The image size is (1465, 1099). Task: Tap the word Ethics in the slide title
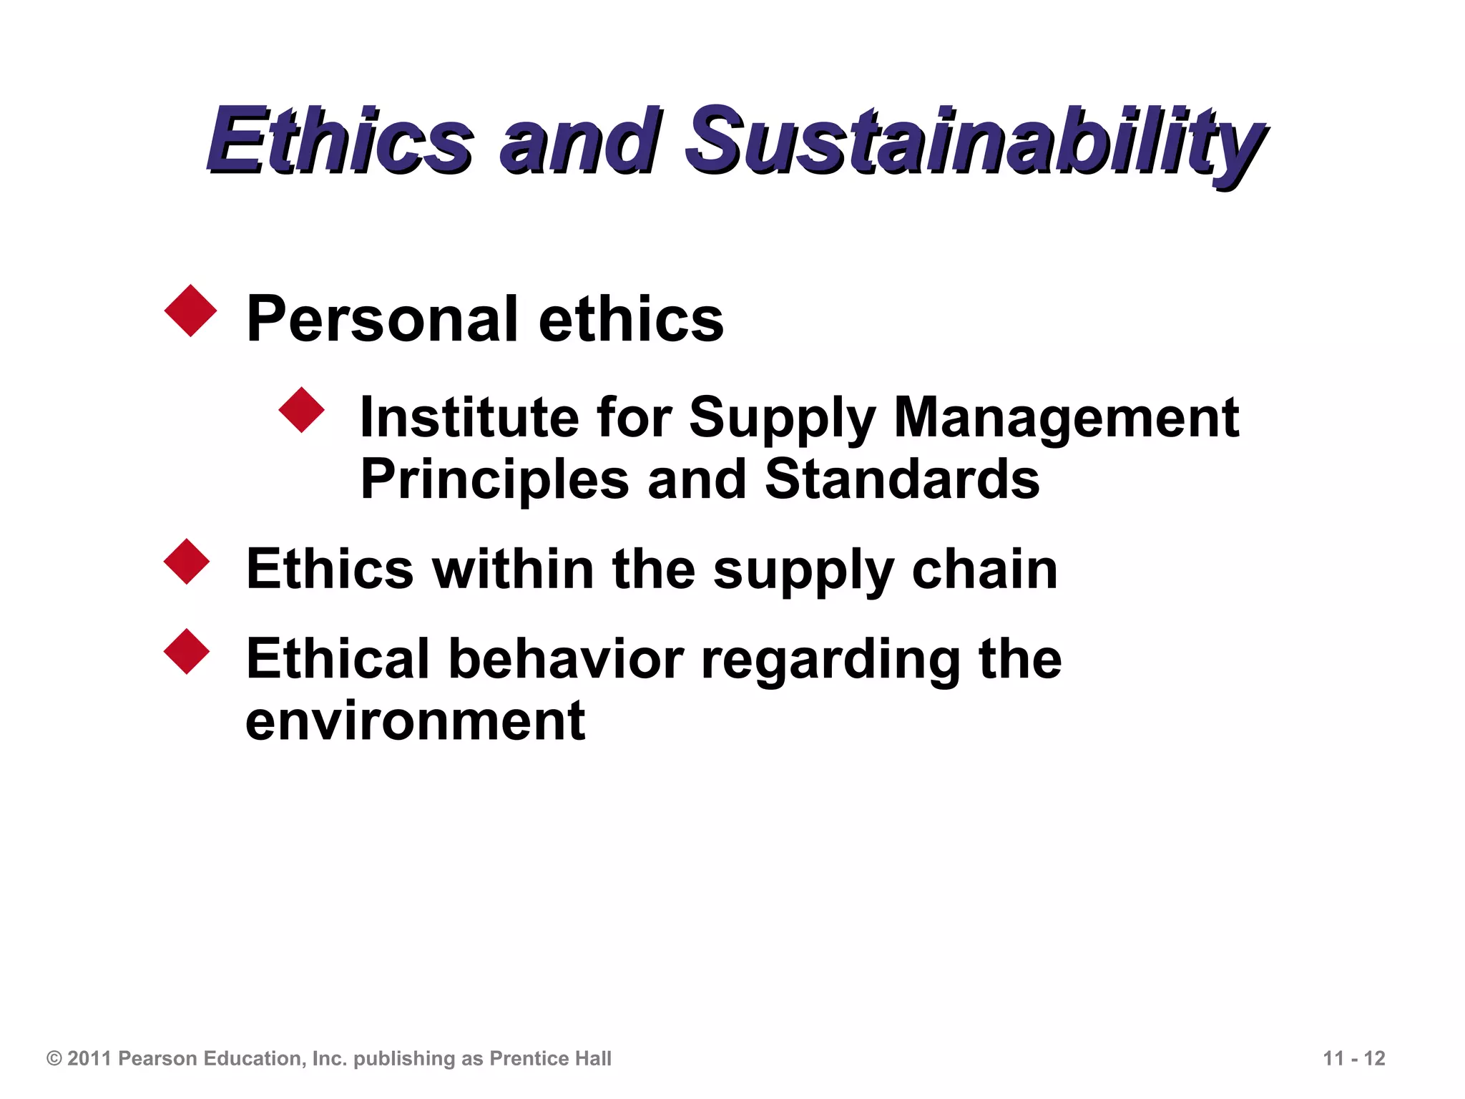coord(340,140)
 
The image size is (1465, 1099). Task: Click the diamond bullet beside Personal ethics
coord(190,311)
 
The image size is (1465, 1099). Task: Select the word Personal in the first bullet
coord(382,319)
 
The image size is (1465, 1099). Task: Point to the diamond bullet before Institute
coord(301,410)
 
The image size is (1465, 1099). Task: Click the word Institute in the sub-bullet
coord(469,417)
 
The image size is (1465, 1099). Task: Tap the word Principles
coord(494,479)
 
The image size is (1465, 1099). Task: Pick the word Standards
coord(902,479)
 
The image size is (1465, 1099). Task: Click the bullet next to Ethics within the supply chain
coord(187,562)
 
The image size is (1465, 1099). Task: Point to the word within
coord(513,570)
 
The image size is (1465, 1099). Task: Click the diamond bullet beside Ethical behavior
coord(187,651)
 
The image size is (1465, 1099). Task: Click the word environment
coord(415,721)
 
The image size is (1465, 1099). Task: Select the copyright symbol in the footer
coord(54,1059)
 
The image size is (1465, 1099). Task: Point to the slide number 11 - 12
coord(1353,1059)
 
